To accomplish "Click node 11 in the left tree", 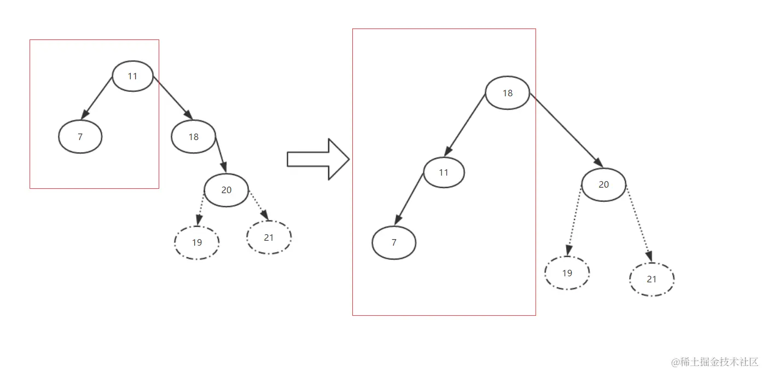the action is (x=132, y=76).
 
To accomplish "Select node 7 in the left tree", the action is (x=80, y=137).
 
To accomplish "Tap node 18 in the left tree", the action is (x=194, y=137).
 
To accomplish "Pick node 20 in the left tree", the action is (x=226, y=190).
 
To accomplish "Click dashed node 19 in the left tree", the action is (x=197, y=242).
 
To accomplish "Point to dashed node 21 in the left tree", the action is (x=269, y=237).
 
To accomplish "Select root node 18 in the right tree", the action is (x=508, y=93).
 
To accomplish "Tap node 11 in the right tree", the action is (x=444, y=172).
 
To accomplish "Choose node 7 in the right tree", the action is (x=394, y=242).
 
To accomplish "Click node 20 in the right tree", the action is (x=603, y=185).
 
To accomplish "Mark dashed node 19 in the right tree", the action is (x=567, y=273).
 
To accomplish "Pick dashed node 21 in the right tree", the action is (x=652, y=279).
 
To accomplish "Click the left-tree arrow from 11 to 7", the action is (x=97, y=98).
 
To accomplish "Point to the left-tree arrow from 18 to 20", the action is (x=221, y=155).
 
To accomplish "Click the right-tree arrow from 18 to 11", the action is (x=465, y=125).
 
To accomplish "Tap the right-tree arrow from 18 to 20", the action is (x=566, y=130).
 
